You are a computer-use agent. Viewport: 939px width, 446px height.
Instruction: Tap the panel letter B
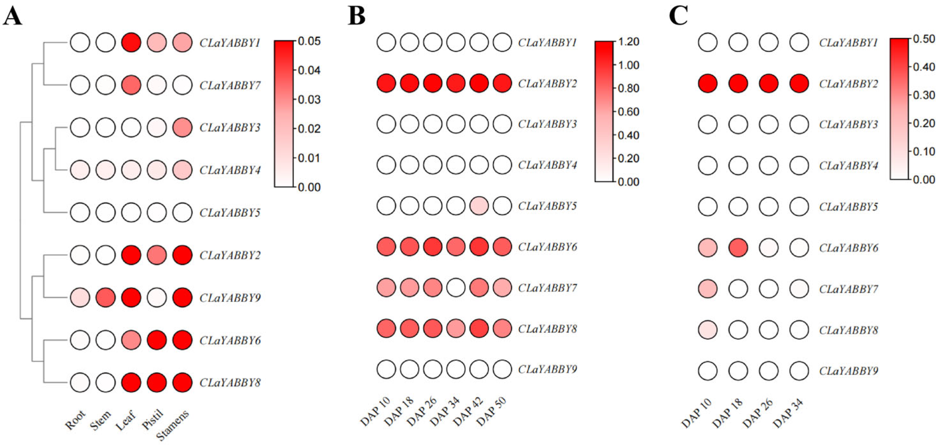pos(356,16)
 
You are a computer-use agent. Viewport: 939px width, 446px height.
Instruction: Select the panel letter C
pos(678,16)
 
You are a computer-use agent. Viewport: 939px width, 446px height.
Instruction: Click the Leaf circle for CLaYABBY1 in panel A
pos(131,42)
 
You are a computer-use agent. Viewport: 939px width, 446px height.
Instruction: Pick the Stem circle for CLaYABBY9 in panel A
pos(106,297)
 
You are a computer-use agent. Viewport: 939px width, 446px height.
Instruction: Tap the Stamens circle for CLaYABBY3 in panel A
pos(182,127)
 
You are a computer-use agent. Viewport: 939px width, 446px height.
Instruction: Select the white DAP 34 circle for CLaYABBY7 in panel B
pos(456,288)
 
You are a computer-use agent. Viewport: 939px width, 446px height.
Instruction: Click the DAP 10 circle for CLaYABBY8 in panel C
pos(708,330)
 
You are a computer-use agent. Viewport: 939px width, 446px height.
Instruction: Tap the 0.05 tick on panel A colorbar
pos(309,41)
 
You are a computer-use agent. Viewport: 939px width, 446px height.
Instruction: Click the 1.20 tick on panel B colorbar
pos(629,42)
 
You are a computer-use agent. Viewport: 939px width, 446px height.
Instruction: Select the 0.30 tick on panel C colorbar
pos(924,95)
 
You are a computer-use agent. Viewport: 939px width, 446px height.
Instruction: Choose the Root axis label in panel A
pos(76,420)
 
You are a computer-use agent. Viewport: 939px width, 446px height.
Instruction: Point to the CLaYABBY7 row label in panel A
pos(230,85)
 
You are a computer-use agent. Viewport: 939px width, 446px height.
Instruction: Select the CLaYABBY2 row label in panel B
pos(548,83)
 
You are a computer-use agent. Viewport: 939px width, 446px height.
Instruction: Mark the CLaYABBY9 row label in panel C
pos(849,371)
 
